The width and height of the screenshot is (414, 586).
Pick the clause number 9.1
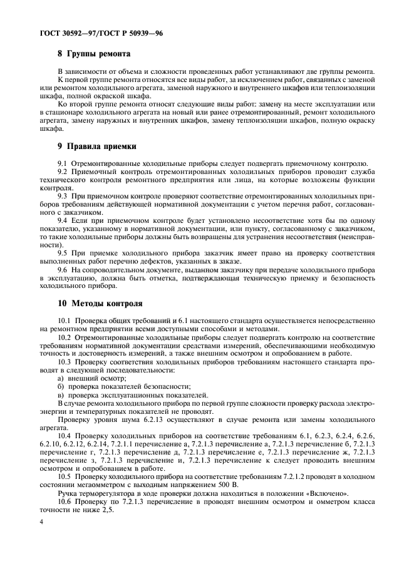[x=63, y=163]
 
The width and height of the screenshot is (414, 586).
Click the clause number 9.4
[x=63, y=220]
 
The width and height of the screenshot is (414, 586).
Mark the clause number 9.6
[x=63, y=269]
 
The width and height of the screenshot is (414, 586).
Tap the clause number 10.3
[x=65, y=362]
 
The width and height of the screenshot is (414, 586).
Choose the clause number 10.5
[x=65, y=476]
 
